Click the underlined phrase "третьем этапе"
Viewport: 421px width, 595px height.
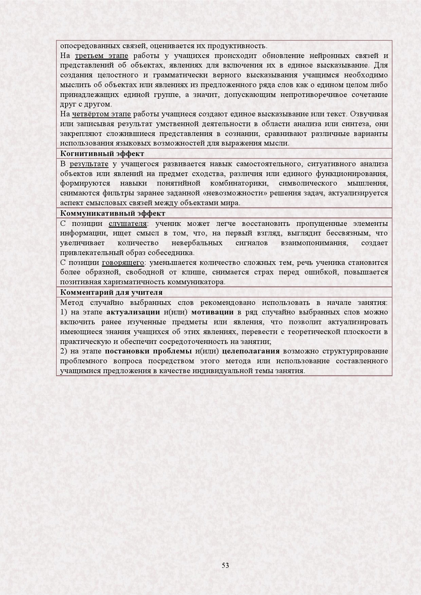point(102,56)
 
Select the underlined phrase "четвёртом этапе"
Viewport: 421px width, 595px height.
point(106,114)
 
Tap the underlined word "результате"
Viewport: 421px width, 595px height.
point(89,164)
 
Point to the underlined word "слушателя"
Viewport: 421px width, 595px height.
point(128,224)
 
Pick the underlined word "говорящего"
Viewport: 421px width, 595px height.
point(123,263)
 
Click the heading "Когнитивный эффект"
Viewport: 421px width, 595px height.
point(102,154)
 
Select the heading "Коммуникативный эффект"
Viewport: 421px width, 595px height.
point(113,213)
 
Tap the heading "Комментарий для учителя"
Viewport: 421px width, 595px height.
point(111,292)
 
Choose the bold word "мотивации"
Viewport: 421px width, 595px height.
point(213,312)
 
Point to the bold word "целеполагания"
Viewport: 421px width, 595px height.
point(251,351)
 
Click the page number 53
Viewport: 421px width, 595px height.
point(225,565)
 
